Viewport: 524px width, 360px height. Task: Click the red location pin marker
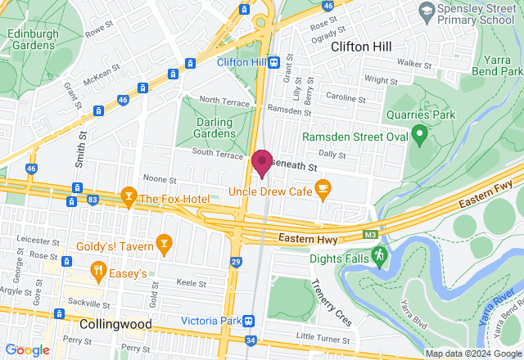pos(262,163)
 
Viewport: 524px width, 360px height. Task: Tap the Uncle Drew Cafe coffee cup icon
pos(323,191)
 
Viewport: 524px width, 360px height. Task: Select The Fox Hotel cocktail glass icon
pos(128,197)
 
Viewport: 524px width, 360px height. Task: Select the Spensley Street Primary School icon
pos(426,10)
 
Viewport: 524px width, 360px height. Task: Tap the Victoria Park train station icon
pos(249,321)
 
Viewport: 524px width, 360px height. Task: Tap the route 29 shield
pos(236,262)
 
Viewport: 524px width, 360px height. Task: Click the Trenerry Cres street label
pos(331,301)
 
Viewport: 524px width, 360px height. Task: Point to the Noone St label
pos(160,178)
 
